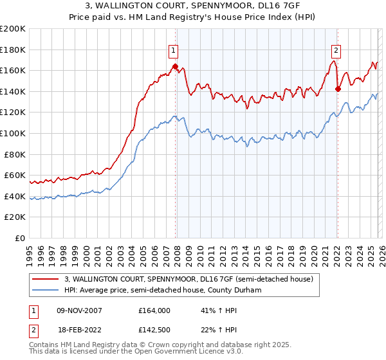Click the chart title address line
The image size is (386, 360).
pyautogui.click(x=192, y=6)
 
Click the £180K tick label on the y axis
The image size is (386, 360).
pyautogui.click(x=13, y=50)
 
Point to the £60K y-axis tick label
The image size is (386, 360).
pyautogui.click(x=15, y=175)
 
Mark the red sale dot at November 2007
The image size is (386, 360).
pyautogui.click(x=175, y=66)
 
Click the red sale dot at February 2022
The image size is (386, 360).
pyautogui.click(x=338, y=89)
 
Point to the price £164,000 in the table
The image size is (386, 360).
pyautogui.click(x=154, y=310)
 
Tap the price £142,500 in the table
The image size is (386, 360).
pyautogui.click(x=154, y=329)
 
